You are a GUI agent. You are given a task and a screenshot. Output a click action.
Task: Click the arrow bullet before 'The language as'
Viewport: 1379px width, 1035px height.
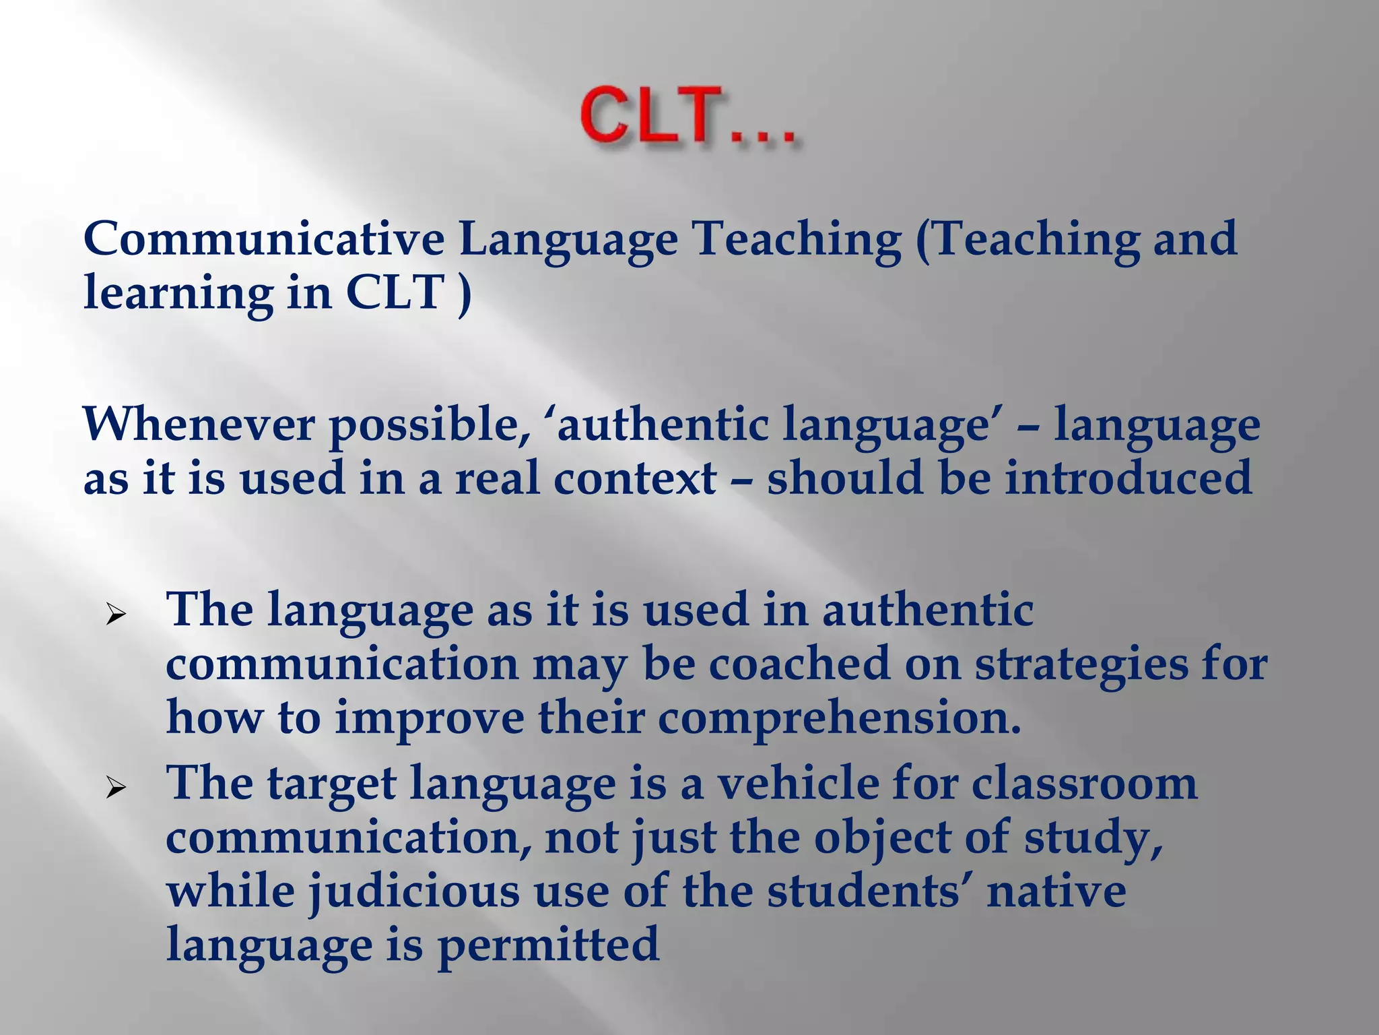pos(116,615)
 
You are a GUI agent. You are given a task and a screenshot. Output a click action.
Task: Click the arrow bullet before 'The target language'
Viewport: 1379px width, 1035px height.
pos(116,788)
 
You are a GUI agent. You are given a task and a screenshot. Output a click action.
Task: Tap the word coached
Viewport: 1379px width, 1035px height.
pos(799,664)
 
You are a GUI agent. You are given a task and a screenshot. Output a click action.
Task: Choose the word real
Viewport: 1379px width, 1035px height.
pos(498,478)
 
